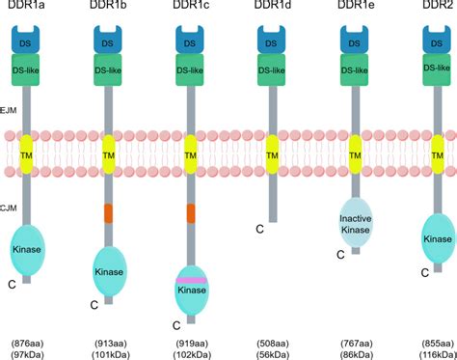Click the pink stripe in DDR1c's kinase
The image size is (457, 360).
pyautogui.click(x=191, y=280)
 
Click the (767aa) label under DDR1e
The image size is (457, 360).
pyautogui.click(x=355, y=342)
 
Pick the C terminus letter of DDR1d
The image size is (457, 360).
pyautogui.click(x=260, y=230)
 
